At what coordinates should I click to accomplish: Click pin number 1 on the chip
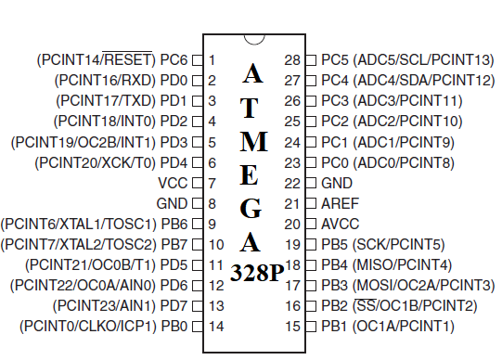212,59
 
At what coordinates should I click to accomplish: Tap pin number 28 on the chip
294,59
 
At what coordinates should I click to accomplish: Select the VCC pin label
174,182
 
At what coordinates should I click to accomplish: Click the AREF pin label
339,202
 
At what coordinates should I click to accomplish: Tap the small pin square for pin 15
313,326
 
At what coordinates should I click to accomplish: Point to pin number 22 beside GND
294,182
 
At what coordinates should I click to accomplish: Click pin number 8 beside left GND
212,202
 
